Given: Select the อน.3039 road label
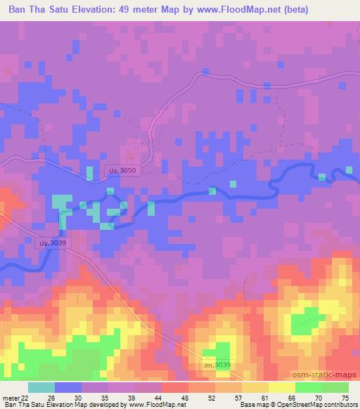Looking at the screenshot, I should tap(215, 364).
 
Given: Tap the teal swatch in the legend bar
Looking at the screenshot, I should tap(41, 387).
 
